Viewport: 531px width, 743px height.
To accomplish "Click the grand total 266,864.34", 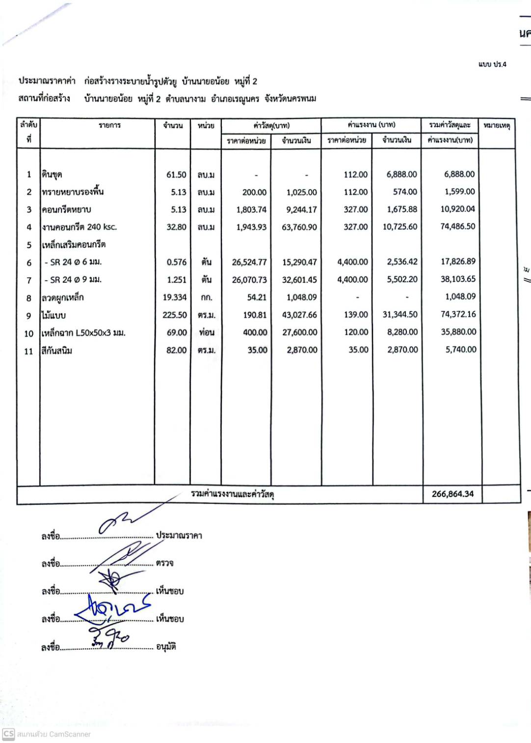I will pos(452,494).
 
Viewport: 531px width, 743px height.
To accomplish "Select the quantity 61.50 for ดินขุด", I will pos(176,175).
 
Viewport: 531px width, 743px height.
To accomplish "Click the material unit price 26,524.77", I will pos(249,262).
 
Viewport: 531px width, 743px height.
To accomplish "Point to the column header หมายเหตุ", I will pos(497,126).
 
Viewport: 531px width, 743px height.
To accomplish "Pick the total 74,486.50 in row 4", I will pos(457,226).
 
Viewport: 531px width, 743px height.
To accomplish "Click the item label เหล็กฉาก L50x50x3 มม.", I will pos(83,333).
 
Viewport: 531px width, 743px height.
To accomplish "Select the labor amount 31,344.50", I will pos(400,315).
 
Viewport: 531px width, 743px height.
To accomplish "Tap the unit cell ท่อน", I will pos(207,332).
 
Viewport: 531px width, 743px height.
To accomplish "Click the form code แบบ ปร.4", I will pos(492,64).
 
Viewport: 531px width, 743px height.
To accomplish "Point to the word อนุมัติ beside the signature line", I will pos(166,647).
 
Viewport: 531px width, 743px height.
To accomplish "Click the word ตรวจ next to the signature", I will pos(164,563).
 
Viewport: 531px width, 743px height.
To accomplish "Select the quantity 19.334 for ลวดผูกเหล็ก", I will pos(175,298).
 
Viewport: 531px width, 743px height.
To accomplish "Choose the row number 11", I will pos(28,351).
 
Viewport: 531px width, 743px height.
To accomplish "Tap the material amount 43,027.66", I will pos(299,315).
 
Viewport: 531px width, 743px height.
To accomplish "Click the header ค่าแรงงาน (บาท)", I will pos(372,125).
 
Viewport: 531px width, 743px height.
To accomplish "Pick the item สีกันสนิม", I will pos(57,351).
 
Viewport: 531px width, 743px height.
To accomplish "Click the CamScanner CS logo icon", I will pos(8,734).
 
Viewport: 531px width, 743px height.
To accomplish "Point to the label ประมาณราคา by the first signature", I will pos(179,535).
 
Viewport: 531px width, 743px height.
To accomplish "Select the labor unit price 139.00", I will pos(356,315).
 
